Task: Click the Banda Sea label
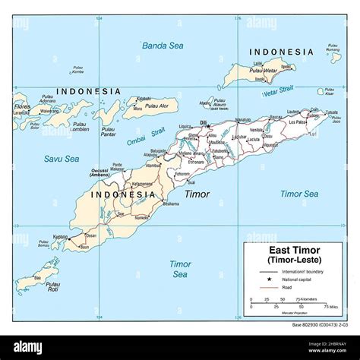click(164, 46)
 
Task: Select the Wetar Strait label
click(279, 93)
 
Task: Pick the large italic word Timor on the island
click(197, 194)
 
